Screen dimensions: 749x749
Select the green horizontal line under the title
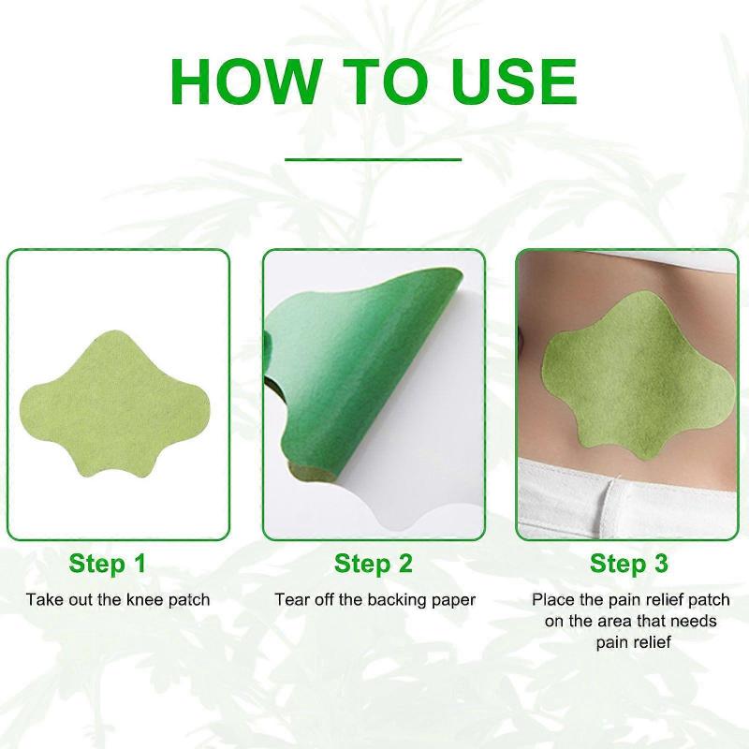[x=374, y=159]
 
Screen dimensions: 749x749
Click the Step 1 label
[x=107, y=564]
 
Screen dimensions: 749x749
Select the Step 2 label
[x=374, y=564]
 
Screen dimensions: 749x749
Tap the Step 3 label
[x=629, y=564]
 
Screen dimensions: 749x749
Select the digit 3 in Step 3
[x=661, y=564]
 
